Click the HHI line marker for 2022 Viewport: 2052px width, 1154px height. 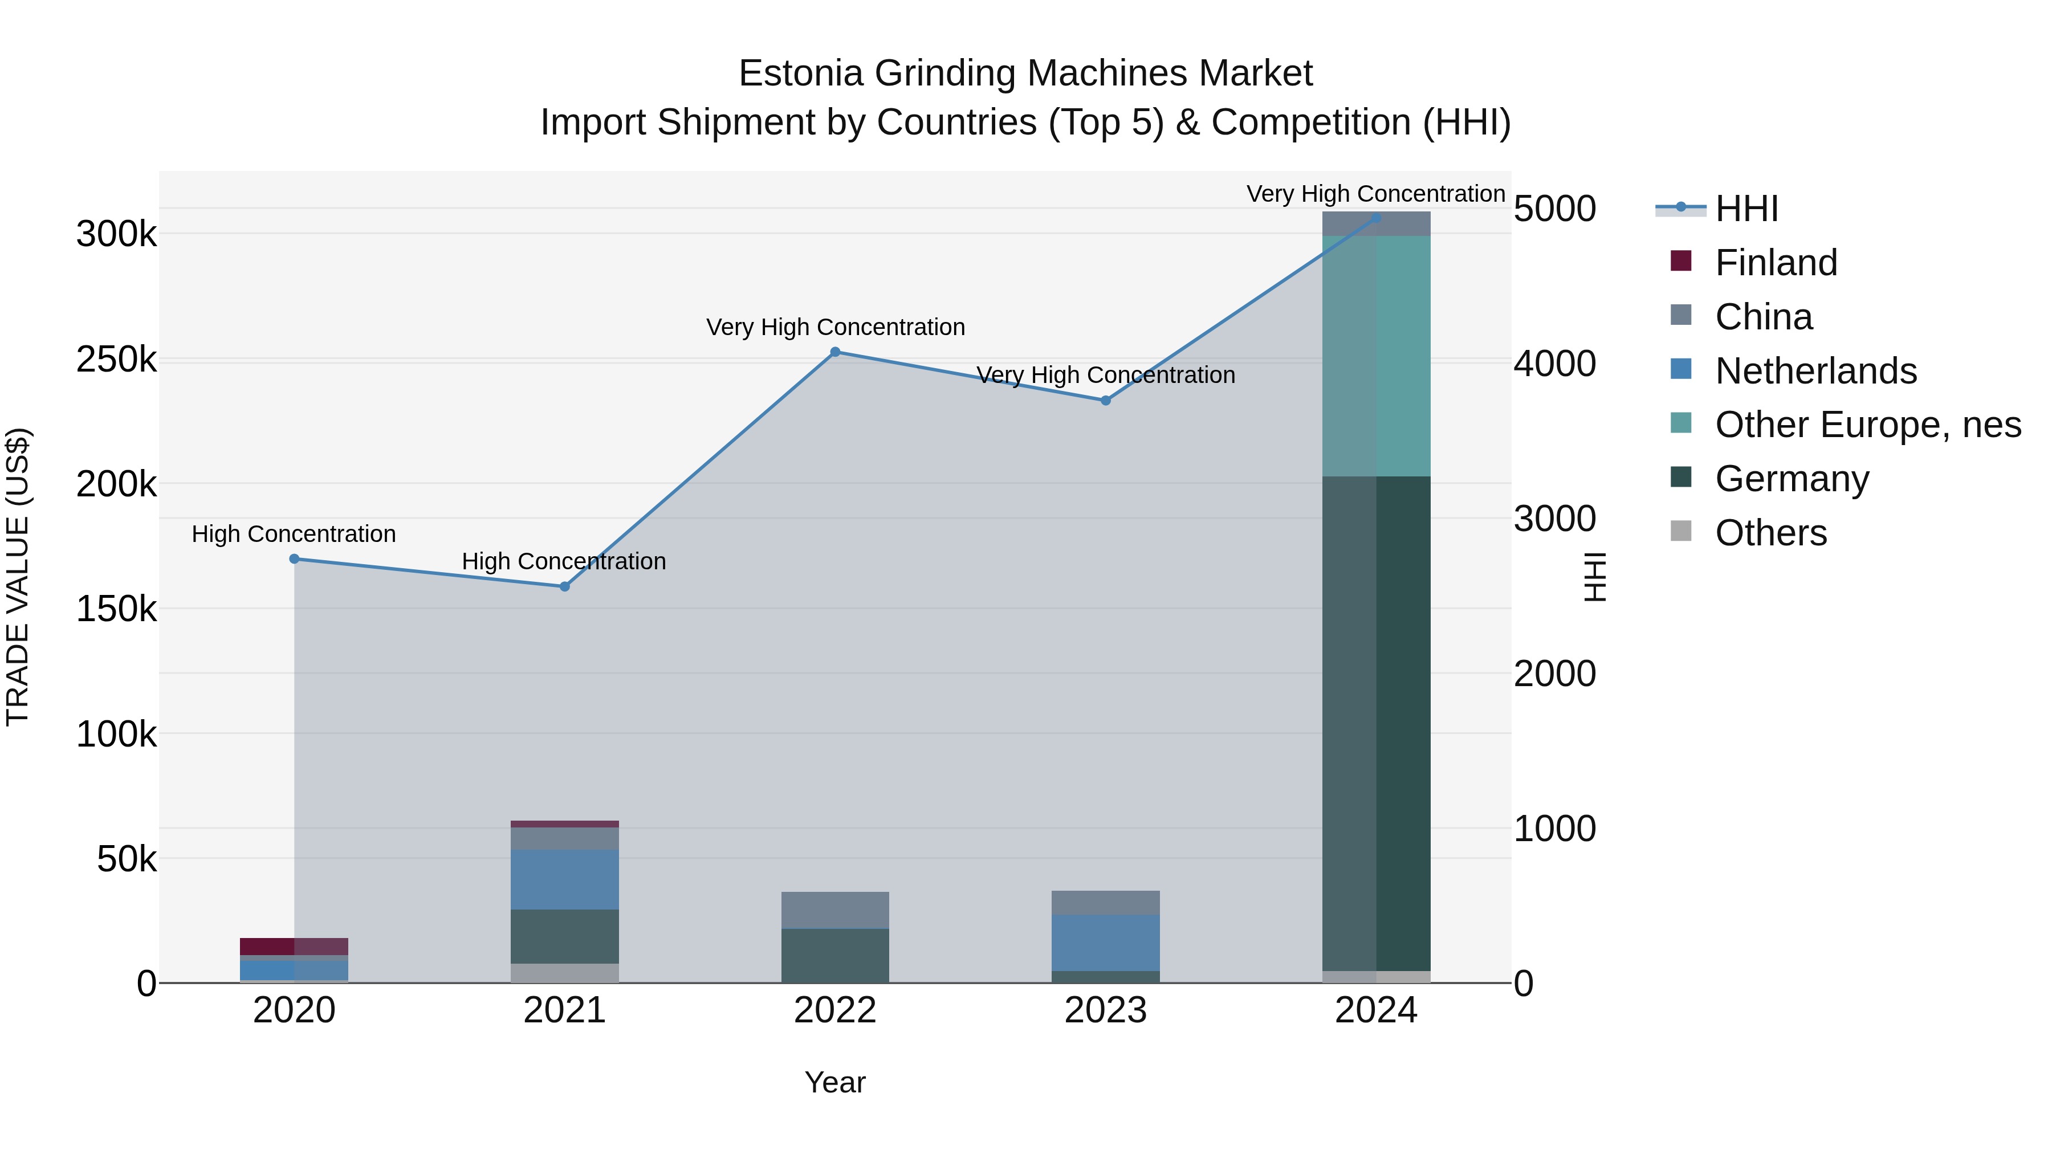[835, 352]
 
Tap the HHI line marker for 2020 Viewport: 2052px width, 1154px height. [294, 559]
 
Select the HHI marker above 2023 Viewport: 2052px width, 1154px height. [1106, 401]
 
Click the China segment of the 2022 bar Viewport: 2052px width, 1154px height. [835, 910]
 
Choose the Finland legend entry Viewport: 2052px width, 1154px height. [1776, 263]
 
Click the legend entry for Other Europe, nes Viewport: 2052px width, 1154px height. [1867, 425]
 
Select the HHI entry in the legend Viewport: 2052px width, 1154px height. [1746, 209]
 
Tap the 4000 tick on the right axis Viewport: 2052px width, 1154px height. [1554, 364]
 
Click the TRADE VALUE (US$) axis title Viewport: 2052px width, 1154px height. [18, 577]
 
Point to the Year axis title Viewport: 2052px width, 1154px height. [835, 1082]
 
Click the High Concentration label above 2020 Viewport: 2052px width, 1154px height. [294, 533]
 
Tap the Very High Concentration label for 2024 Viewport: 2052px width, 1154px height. [1376, 194]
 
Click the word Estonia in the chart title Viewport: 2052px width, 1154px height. [800, 74]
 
